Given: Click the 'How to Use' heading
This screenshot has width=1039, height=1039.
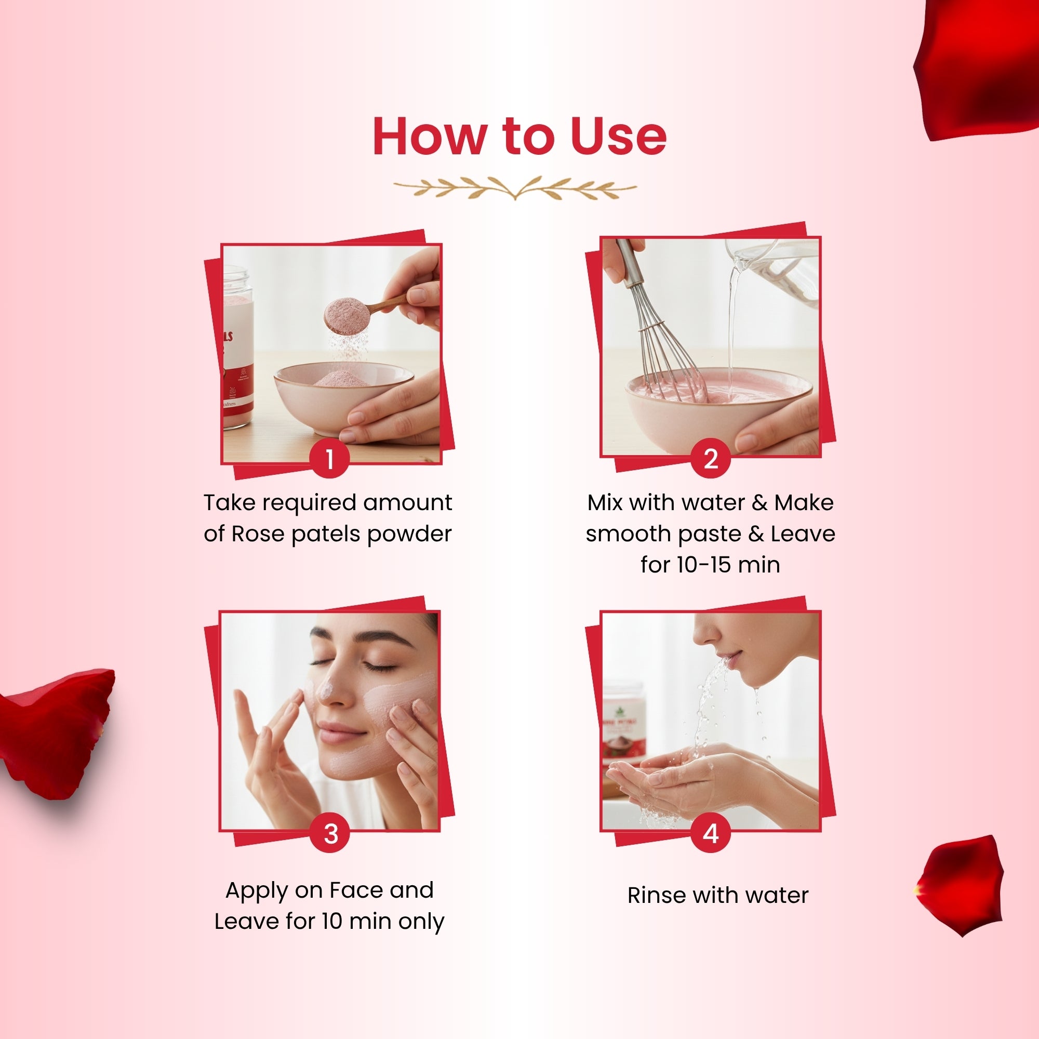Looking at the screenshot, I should click(519, 137).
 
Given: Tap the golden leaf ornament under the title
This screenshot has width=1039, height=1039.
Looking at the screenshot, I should click(515, 188).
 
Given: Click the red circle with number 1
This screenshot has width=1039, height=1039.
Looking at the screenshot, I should click(330, 459).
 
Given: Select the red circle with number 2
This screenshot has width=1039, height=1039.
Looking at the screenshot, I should click(710, 459).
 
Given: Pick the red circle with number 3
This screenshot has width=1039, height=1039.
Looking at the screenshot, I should click(330, 834).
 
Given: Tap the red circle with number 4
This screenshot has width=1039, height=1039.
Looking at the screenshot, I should click(710, 834).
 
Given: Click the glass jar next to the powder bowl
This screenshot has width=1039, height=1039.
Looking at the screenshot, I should click(236, 350).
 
